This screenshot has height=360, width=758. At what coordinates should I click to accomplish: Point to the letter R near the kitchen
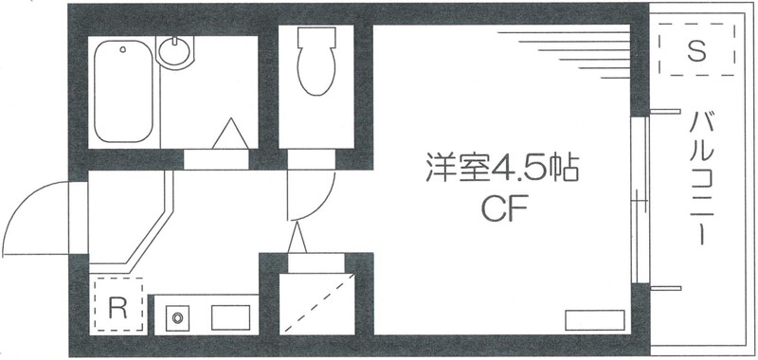click(x=117, y=306)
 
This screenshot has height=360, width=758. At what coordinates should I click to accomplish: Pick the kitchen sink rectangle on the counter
click(x=231, y=316)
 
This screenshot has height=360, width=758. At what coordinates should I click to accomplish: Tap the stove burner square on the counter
click(x=176, y=316)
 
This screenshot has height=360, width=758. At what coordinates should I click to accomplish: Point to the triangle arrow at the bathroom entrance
click(x=230, y=135)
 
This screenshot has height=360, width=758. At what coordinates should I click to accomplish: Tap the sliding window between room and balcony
click(x=640, y=200)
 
